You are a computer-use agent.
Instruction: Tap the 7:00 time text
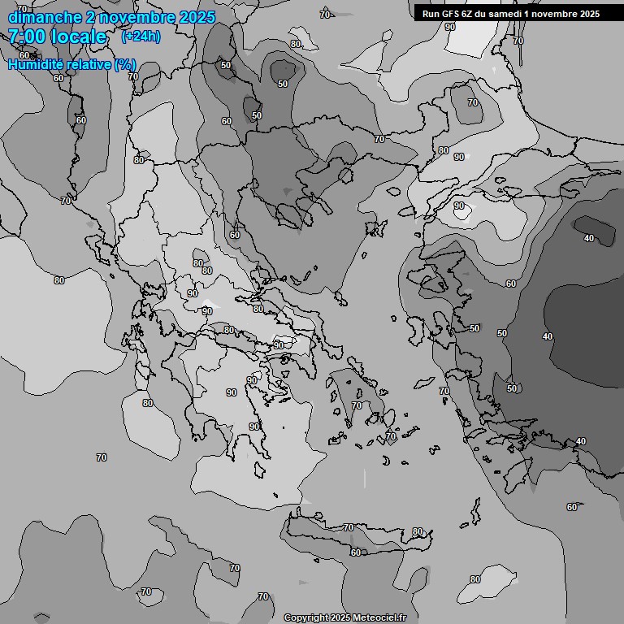pyautogui.click(x=26, y=37)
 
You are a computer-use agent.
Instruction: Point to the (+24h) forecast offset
pyautogui.click(x=141, y=37)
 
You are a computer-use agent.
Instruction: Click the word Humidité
pyautogui.click(x=36, y=64)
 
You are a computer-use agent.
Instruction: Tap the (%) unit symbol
pyautogui.click(x=125, y=64)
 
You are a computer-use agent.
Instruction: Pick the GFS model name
pyautogui.click(x=450, y=13)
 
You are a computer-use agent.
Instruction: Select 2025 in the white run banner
pyautogui.click(x=587, y=13)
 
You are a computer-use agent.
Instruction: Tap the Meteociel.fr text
pyautogui.click(x=379, y=617)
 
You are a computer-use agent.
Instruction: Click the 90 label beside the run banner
pyautogui.click(x=450, y=27)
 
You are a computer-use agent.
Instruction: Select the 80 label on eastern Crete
pyautogui.click(x=418, y=532)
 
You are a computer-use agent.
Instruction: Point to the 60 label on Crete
pyautogui.click(x=355, y=552)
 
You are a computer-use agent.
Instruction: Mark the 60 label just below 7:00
pyautogui.click(x=24, y=55)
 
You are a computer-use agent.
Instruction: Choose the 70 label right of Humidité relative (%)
pyautogui.click(x=132, y=77)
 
